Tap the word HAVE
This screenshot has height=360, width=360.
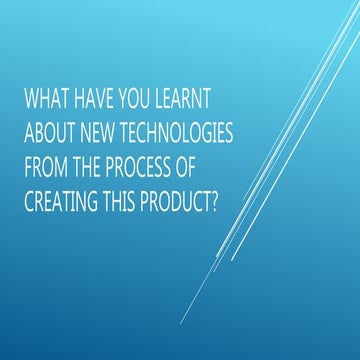tap(93, 102)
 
